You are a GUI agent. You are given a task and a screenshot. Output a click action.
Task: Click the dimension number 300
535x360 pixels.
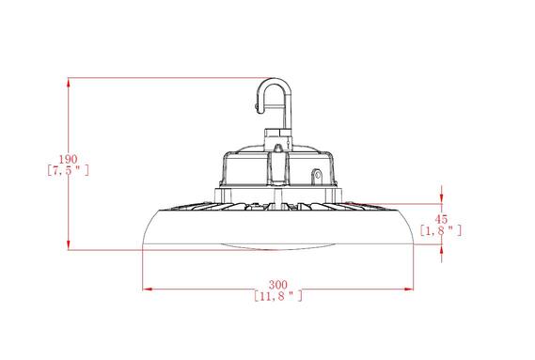click(x=277, y=284)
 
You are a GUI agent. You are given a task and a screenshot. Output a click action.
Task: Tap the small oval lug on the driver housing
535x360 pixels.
click(x=317, y=175)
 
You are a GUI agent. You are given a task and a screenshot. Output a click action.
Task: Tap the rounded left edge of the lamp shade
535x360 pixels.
click(x=147, y=230)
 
